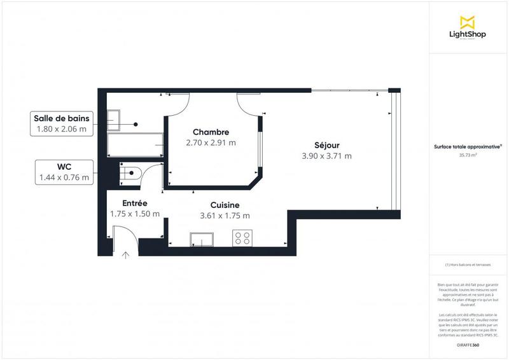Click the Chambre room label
pos(211,132)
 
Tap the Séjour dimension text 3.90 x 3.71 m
pos(327,156)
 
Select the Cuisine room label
pos(225,205)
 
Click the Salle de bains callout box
pos(62,123)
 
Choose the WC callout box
pos(64,172)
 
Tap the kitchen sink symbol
pos(203,239)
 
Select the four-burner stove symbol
pos(242,239)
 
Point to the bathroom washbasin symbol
pos(115,118)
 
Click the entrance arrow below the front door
pos(125,256)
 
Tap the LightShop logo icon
pos(468,23)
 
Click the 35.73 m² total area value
pos(468,154)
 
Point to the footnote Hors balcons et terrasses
pos(468,264)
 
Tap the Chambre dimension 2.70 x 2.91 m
pos(211,142)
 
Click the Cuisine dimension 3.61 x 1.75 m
pos(225,215)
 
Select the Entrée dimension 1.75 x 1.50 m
pos(134,214)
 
